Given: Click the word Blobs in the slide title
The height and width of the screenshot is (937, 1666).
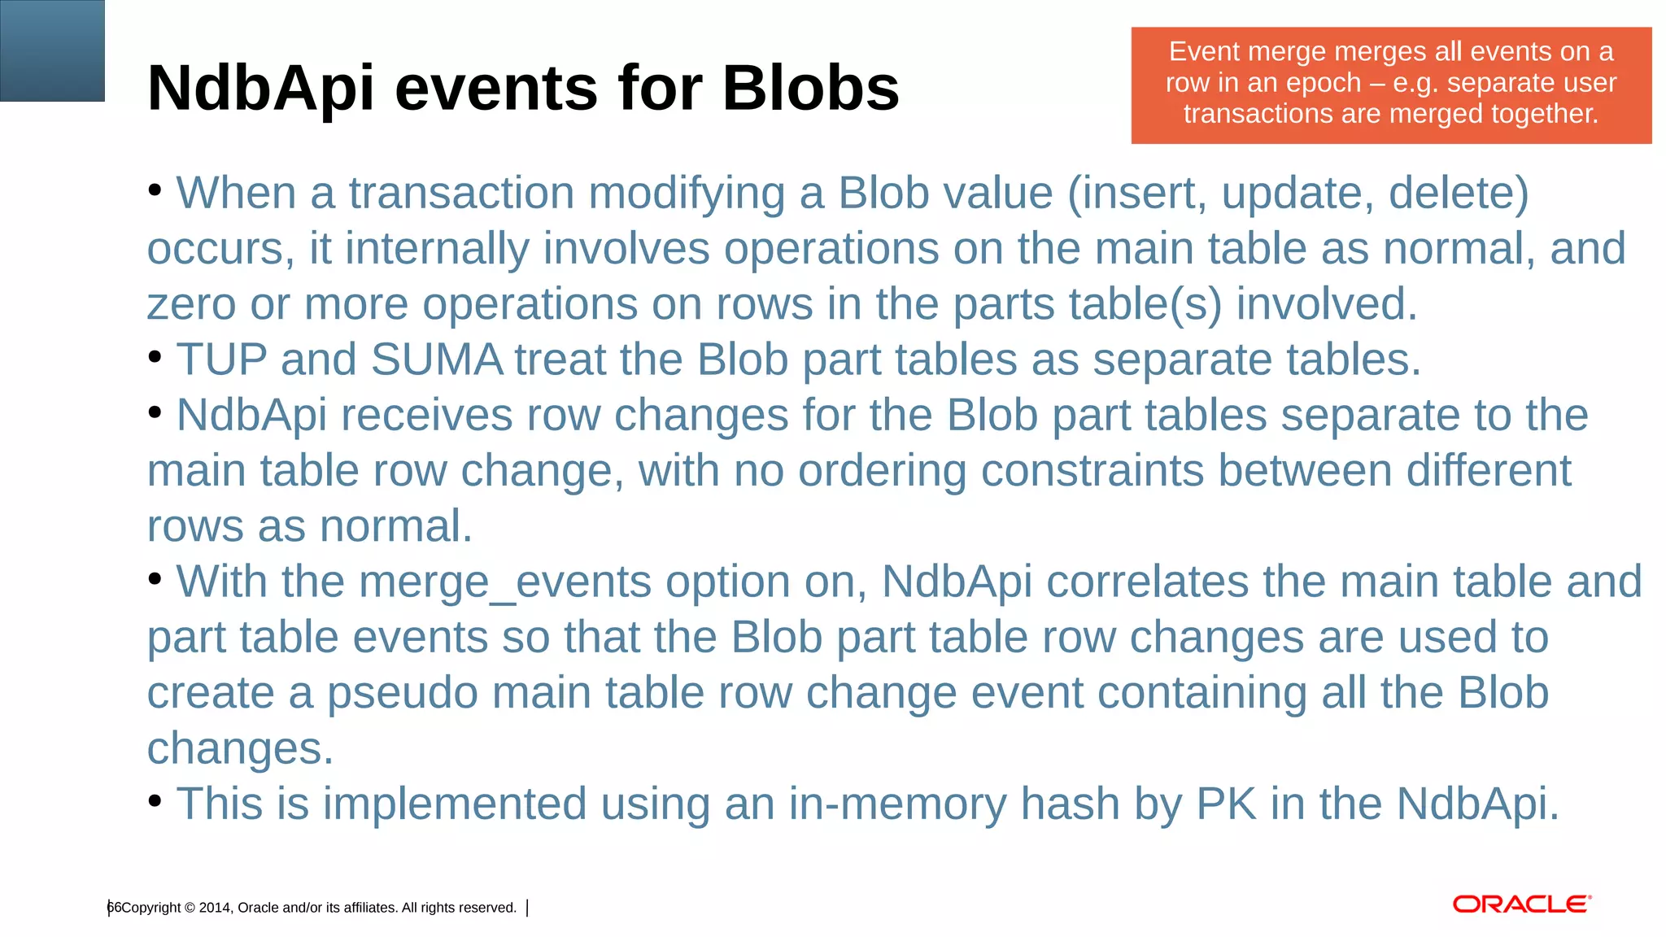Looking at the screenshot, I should coord(810,88).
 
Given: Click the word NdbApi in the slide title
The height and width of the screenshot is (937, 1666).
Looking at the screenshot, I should coord(261,88).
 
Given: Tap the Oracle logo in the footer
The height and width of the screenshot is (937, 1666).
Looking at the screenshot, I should coord(1521,904).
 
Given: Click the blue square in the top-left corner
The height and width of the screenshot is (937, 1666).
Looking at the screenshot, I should coord(52,50).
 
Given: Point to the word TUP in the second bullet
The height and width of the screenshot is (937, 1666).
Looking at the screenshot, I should coord(221,360).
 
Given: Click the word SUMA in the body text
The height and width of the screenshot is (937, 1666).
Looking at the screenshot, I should coord(437,360).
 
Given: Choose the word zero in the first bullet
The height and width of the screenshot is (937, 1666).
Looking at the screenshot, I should coord(191,305).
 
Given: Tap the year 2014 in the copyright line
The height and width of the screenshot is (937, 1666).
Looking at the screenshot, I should coord(214,908).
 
